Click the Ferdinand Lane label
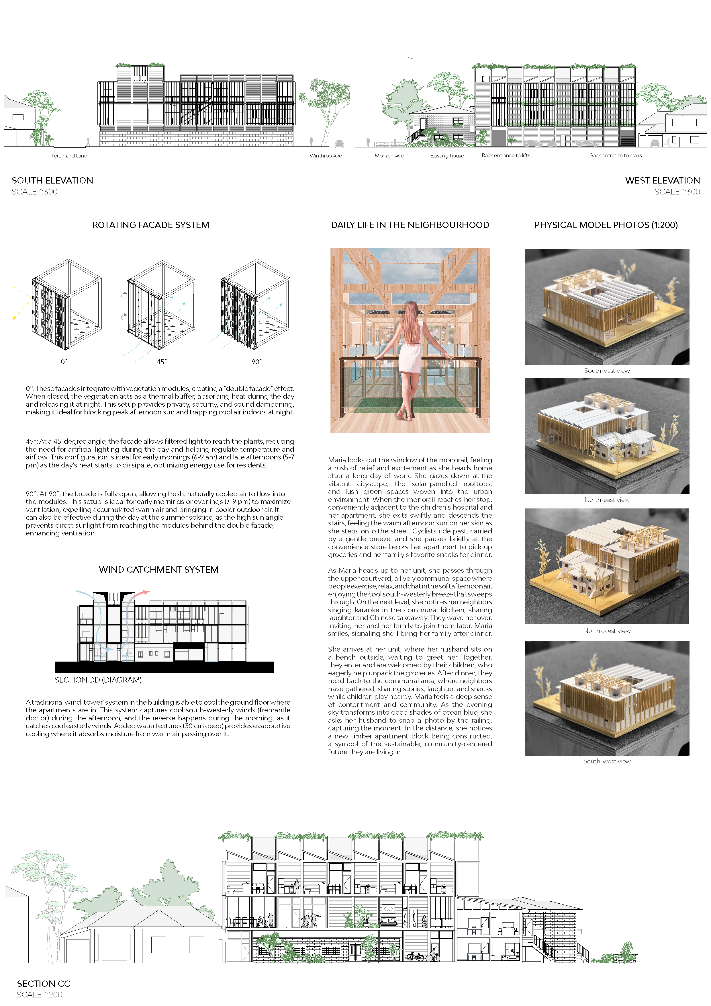(69, 155)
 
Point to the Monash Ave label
(389, 155)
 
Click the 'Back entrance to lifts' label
(506, 155)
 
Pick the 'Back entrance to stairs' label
(616, 155)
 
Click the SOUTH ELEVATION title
(52, 180)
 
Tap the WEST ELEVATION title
(662, 180)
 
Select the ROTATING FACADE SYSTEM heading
(151, 225)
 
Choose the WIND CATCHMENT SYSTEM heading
(158, 570)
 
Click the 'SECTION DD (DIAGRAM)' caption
(98, 680)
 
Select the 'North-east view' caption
(607, 500)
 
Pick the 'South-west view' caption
(607, 761)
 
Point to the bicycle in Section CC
(415, 957)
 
